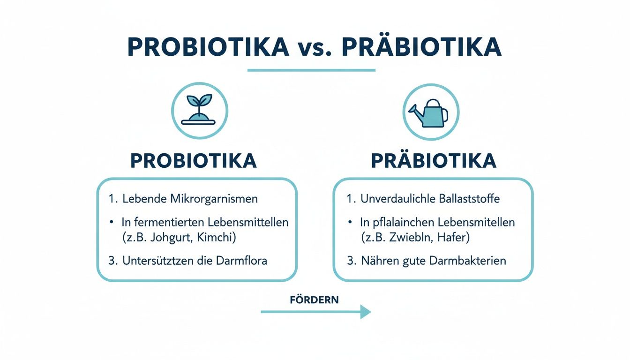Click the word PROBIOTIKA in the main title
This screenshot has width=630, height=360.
(x=208, y=47)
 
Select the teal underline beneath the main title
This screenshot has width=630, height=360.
(x=311, y=70)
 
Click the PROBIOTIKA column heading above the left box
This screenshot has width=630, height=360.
(x=194, y=161)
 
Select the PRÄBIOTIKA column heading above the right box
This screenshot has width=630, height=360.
(x=434, y=161)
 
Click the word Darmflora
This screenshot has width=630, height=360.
(x=243, y=261)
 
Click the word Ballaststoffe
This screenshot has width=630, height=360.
(x=467, y=199)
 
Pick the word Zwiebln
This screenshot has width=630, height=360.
(x=416, y=237)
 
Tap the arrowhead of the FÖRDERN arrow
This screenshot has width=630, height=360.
(x=365, y=312)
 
